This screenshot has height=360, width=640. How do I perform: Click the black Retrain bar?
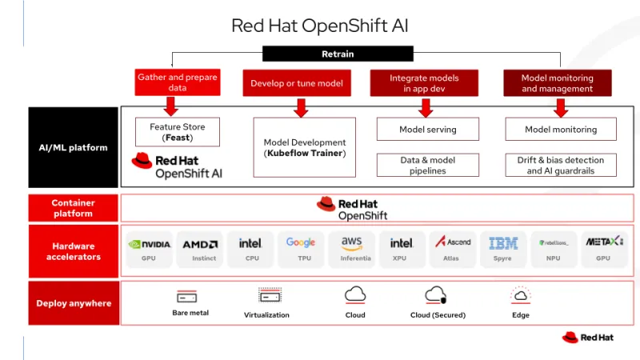(337, 54)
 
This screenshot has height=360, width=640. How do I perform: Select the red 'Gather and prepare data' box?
(178, 82)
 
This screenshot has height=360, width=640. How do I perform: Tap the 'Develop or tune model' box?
(297, 83)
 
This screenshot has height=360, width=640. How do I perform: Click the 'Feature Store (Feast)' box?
(178, 132)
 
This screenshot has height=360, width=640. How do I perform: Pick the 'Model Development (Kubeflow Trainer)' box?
(304, 147)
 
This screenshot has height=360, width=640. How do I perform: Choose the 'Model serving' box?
(428, 130)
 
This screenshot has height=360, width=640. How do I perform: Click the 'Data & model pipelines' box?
(428, 165)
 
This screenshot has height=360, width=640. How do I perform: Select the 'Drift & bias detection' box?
(561, 165)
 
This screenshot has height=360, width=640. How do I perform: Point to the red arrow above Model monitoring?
(561, 107)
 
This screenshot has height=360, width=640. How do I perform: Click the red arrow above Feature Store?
(170, 106)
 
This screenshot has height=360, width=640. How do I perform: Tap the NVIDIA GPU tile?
(149, 249)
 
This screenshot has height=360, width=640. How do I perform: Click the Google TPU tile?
(301, 249)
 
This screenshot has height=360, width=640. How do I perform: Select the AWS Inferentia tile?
(351, 249)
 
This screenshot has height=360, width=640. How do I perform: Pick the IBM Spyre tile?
(503, 249)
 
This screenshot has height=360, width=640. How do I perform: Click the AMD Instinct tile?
(199, 249)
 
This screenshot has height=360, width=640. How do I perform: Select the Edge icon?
(521, 296)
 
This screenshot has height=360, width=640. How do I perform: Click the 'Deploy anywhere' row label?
(73, 303)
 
